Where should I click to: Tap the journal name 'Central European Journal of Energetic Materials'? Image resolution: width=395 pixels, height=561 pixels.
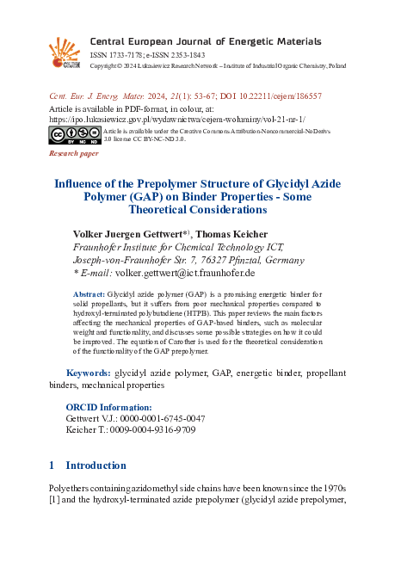coord(206,40)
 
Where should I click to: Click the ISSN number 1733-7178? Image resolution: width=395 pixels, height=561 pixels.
coord(126,53)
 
